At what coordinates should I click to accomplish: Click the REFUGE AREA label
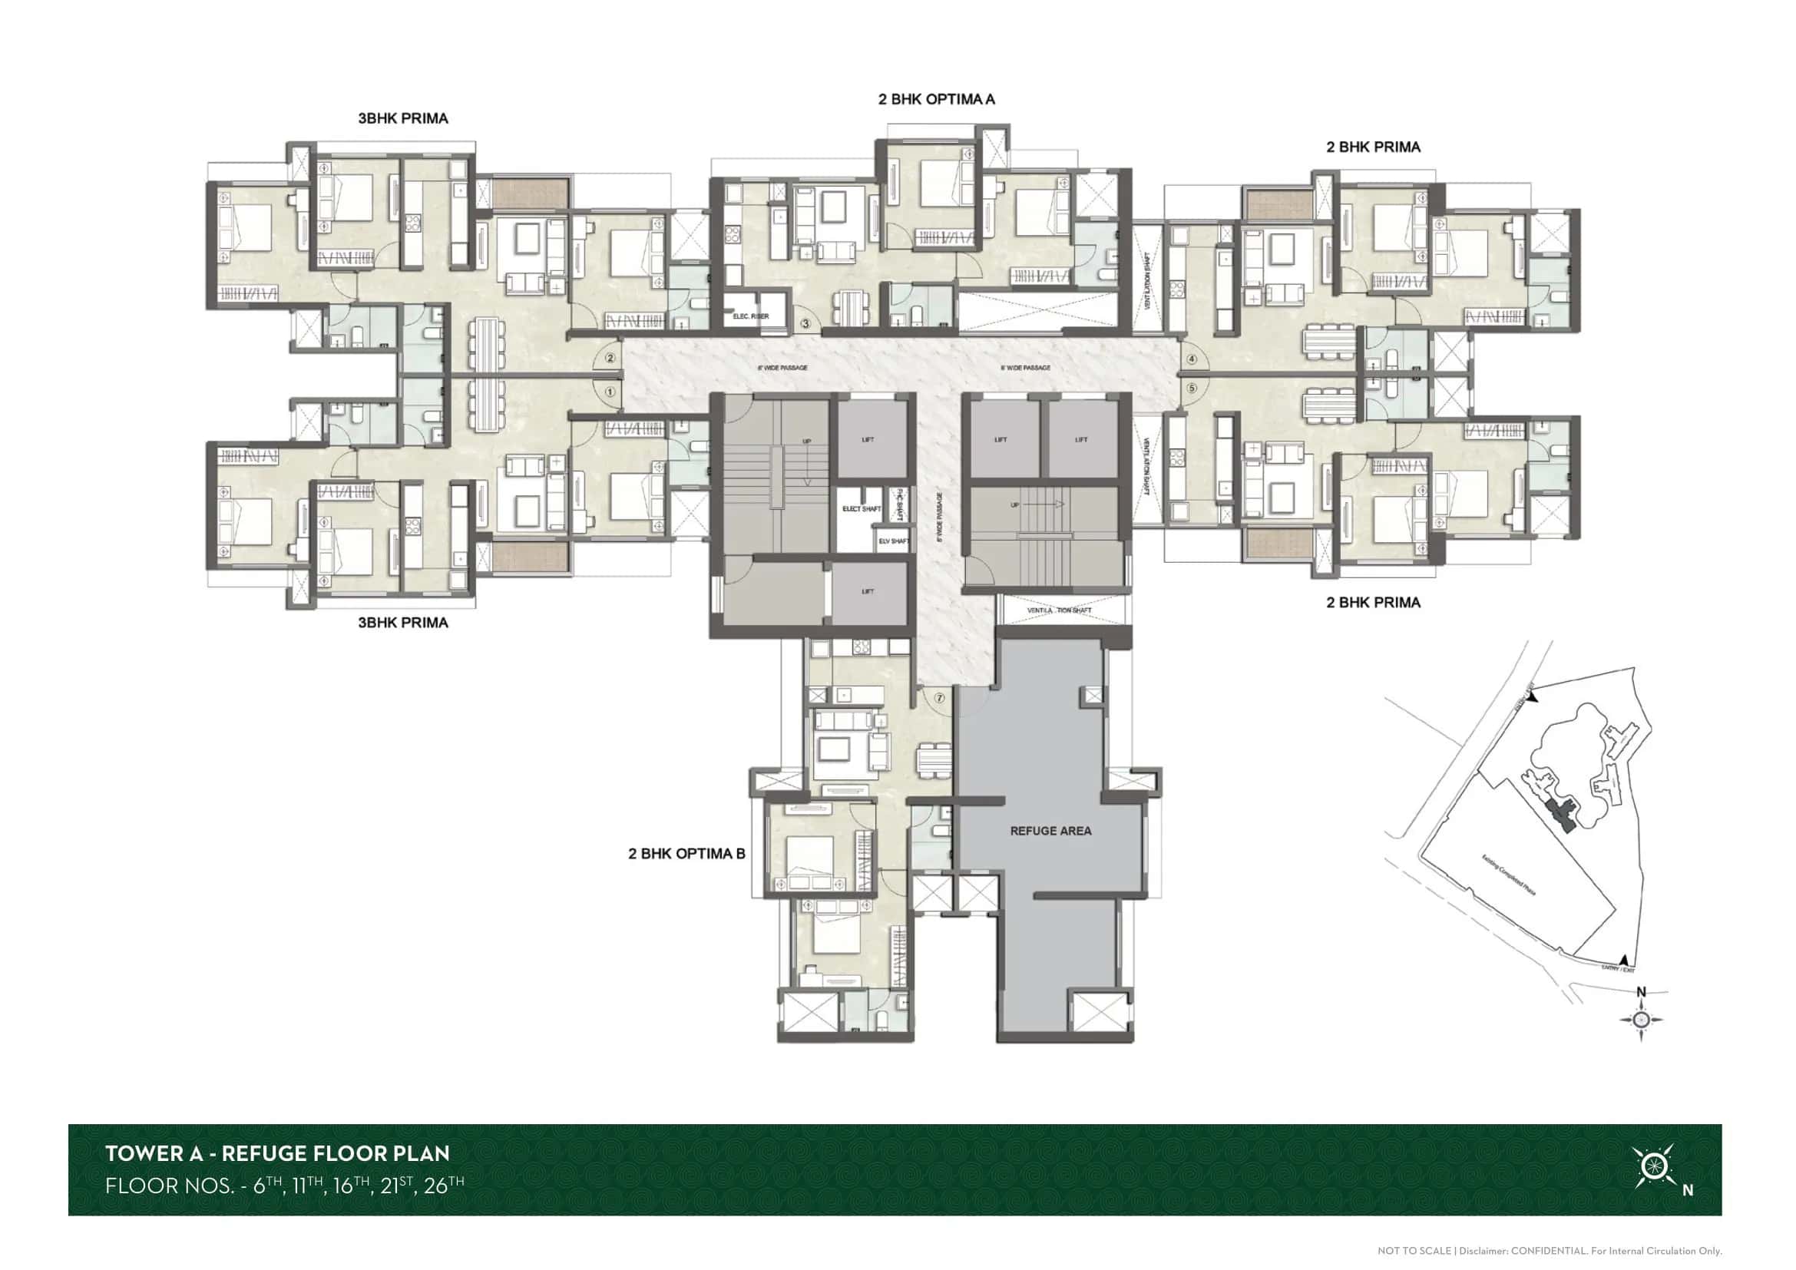pyautogui.click(x=1050, y=832)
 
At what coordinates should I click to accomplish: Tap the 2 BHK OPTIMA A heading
pyautogui.click(x=936, y=99)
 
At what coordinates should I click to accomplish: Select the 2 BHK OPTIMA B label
pyautogui.click(x=686, y=854)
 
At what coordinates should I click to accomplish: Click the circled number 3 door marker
pyautogui.click(x=805, y=324)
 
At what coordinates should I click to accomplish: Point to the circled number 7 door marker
pyautogui.click(x=939, y=698)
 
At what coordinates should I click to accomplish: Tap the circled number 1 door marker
pyautogui.click(x=610, y=392)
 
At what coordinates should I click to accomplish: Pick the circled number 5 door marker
pyautogui.click(x=1192, y=388)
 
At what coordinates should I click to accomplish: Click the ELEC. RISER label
pyautogui.click(x=750, y=316)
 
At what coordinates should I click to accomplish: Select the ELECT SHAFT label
pyautogui.click(x=862, y=509)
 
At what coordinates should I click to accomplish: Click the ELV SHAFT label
pyautogui.click(x=893, y=541)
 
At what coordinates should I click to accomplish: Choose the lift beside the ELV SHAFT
pyautogui.click(x=868, y=592)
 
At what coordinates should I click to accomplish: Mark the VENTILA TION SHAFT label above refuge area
pyautogui.click(x=1059, y=610)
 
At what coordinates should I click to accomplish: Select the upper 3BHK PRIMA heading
pyautogui.click(x=403, y=119)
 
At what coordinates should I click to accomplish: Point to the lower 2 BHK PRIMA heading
pyautogui.click(x=1373, y=603)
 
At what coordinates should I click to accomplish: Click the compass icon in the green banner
pyautogui.click(x=1653, y=1167)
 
